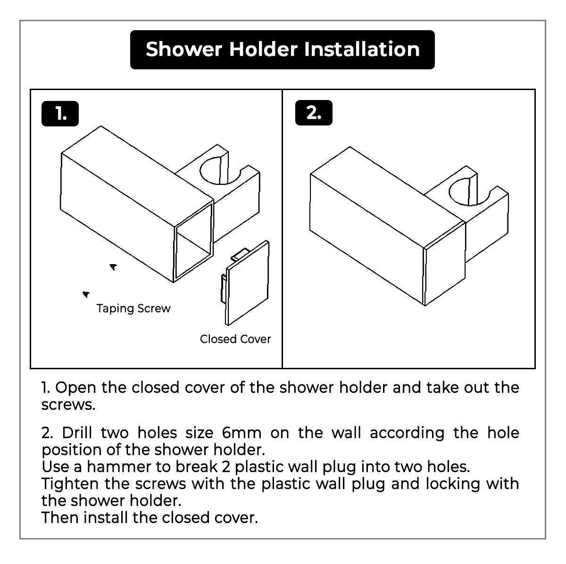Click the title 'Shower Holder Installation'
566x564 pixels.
282,50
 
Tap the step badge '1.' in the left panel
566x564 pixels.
60,114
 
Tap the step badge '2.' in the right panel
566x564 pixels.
314,113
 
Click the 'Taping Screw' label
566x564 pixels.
133,308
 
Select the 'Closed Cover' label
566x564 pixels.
235,339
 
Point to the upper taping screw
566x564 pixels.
113,267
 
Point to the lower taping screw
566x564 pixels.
86,295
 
